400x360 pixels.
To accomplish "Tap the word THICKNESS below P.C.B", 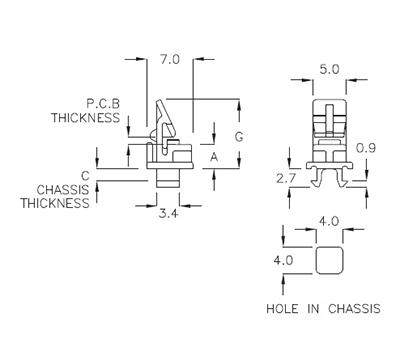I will tap(87, 117).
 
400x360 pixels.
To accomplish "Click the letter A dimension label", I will tap(214, 157).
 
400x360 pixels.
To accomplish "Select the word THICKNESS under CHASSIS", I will tap(55, 203).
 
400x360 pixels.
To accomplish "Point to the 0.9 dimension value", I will tap(366, 148).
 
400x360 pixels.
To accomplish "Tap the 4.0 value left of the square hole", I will tap(283, 261).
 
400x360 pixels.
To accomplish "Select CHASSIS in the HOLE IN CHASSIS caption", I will tap(354, 308).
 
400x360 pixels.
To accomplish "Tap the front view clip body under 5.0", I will tap(328, 130).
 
